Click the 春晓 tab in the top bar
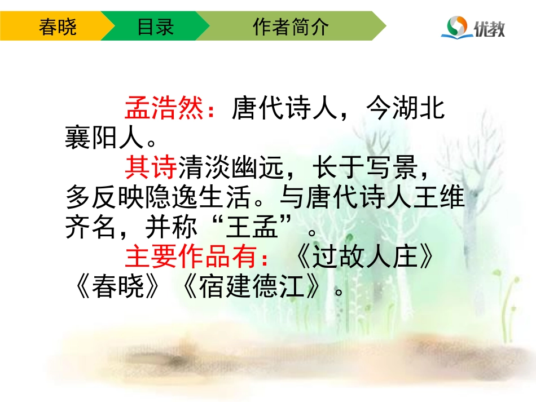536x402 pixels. [x=58, y=27]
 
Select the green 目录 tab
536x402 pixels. [x=155, y=27]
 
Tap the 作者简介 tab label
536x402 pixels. [x=291, y=27]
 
